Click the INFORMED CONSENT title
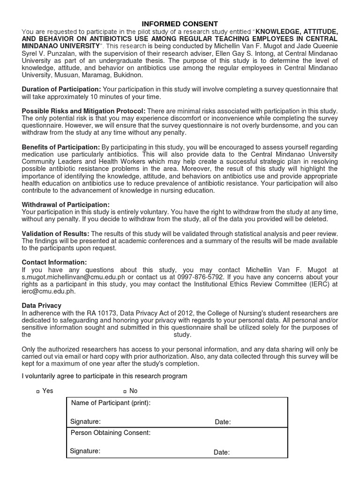(x=180, y=24)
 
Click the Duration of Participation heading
(x=61, y=89)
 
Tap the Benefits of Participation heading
(x=61, y=147)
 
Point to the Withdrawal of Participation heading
(x=66, y=204)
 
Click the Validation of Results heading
(x=56, y=233)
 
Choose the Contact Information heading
(x=54, y=262)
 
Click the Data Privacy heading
(x=42, y=306)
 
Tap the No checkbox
(x=125, y=391)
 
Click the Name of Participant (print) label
(x=111, y=404)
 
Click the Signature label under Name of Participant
(x=85, y=422)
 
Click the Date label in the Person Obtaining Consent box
(x=222, y=452)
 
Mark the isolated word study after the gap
(x=182, y=335)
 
